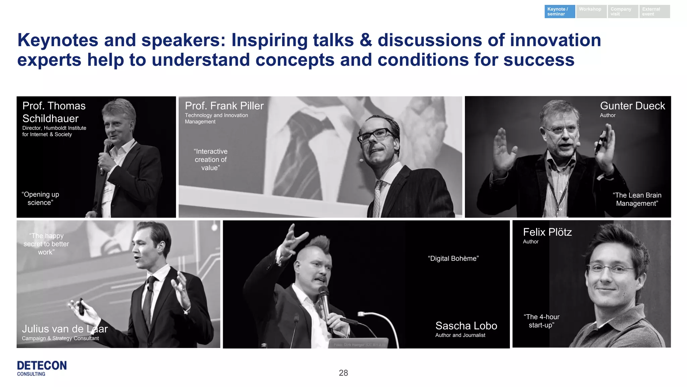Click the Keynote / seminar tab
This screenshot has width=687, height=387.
pos(559,11)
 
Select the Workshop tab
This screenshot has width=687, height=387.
pos(591,11)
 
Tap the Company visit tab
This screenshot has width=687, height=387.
pos(622,11)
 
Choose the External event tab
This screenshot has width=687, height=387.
pos(654,11)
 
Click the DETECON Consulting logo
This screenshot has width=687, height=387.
pos(42,368)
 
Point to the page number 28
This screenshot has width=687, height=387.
pos(343,373)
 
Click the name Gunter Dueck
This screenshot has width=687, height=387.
pos(632,106)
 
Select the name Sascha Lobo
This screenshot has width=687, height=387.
pos(466,326)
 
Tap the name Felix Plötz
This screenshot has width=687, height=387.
pos(547,232)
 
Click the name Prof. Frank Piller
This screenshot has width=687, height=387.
pos(224,106)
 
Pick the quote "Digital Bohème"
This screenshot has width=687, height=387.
pos(453,258)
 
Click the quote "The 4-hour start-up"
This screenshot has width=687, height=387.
pos(541,321)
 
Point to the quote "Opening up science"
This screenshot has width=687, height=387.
pos(40,198)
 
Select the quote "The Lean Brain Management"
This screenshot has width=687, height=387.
pos(637,199)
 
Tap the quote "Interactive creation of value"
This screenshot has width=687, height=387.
pos(211,159)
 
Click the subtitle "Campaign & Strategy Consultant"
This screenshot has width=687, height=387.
pos(60,338)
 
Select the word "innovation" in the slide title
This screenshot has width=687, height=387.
pos(555,40)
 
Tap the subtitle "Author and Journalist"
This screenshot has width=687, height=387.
pos(460,335)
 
